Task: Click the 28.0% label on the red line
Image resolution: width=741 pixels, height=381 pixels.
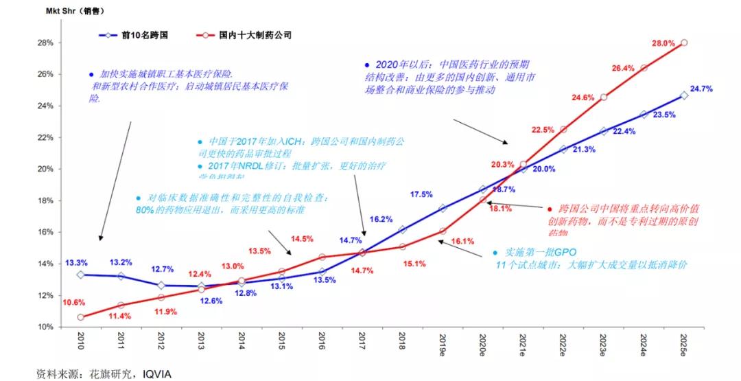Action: coord(663,43)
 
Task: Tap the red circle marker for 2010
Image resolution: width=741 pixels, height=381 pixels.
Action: coord(80,317)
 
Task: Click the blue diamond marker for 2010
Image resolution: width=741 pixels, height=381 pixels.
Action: coord(80,275)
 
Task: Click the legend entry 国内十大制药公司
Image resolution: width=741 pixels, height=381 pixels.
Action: coord(255,34)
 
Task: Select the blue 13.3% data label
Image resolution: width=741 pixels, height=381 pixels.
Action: coord(76,262)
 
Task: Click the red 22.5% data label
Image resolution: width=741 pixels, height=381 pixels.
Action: coord(542,130)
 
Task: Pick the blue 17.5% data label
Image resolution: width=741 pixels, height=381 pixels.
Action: coord(421,194)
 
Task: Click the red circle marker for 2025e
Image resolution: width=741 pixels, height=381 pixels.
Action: coord(684,43)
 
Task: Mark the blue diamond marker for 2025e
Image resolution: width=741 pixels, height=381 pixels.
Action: coord(684,95)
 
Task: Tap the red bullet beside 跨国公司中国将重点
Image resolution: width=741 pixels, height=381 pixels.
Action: coord(550,207)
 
